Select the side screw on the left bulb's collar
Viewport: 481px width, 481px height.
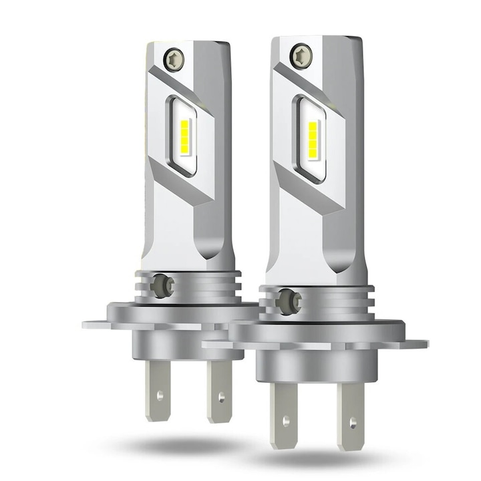[160, 285]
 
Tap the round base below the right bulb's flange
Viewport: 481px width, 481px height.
[314, 364]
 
